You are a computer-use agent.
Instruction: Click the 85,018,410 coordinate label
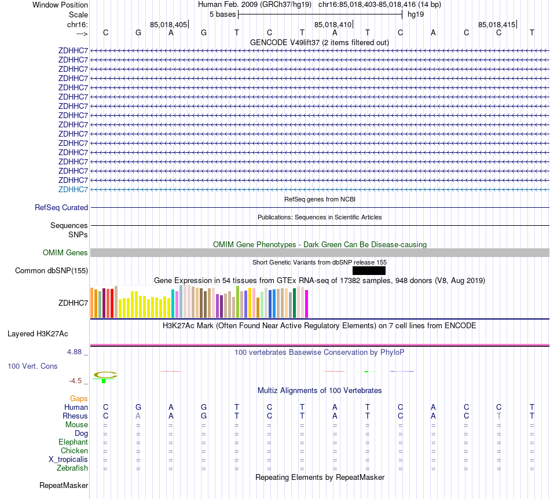coord(333,25)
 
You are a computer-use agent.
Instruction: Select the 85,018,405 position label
coord(168,25)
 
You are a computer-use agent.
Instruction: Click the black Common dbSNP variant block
coord(369,270)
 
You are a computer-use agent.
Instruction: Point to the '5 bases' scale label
coord(222,14)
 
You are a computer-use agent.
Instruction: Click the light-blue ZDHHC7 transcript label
coord(73,189)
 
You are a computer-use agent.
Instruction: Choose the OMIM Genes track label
coord(65,252)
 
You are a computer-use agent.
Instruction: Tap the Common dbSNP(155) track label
coord(52,270)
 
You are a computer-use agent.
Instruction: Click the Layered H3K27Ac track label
coord(38,333)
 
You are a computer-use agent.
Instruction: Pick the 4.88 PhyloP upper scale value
coord(78,351)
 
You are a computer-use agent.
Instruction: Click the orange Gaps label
coord(79,398)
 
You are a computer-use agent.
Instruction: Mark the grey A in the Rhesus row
coord(138,416)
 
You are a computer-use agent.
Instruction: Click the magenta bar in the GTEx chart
coord(307,303)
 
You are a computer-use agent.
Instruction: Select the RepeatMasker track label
coord(64,485)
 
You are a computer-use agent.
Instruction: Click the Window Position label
coord(60,5)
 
